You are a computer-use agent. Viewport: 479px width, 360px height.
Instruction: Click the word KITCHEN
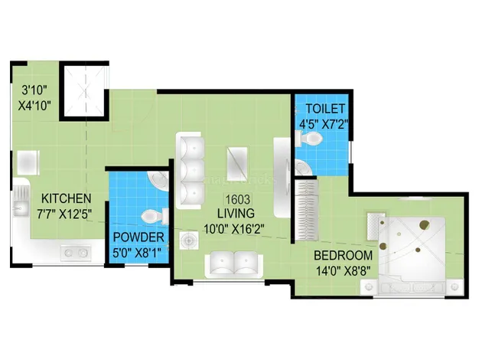click(67, 198)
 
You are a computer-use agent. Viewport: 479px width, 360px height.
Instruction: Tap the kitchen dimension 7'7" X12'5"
click(64, 214)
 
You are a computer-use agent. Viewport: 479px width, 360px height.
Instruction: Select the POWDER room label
click(138, 237)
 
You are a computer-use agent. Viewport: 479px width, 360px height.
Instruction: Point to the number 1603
click(238, 199)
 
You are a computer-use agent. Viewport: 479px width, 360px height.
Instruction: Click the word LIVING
click(236, 213)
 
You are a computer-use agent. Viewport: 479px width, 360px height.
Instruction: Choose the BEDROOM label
click(344, 255)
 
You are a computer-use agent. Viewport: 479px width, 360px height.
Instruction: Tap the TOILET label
click(325, 109)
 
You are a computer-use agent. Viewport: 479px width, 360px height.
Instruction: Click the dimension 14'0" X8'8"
click(343, 271)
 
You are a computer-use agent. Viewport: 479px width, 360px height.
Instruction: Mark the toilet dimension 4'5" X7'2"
click(324, 124)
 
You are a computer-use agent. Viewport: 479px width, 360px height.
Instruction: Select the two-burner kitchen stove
click(76, 253)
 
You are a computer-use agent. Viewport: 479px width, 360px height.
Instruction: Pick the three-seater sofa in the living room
click(190, 170)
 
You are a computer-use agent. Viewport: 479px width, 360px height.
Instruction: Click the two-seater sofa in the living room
click(233, 265)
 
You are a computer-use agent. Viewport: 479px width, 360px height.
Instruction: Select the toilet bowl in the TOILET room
click(309, 139)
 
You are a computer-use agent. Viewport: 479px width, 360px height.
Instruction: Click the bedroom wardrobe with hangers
click(306, 210)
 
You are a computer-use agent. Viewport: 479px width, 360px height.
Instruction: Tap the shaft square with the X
click(84, 90)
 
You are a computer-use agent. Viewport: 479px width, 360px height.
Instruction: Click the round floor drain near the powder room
click(189, 241)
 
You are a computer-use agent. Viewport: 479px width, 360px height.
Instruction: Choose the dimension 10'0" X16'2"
click(233, 229)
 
